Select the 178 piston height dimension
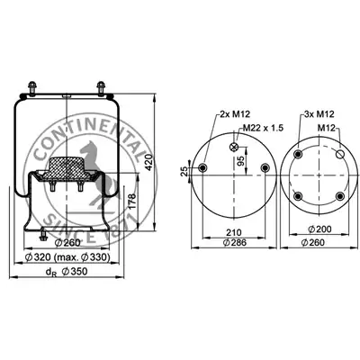coord(132,202)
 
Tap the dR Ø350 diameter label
coord(67,272)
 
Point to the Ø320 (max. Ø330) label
coord(67,257)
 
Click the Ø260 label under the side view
coord(67,243)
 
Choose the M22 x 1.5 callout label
coord(263,128)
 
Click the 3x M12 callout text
coord(319,114)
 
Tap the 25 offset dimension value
coord(185,171)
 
